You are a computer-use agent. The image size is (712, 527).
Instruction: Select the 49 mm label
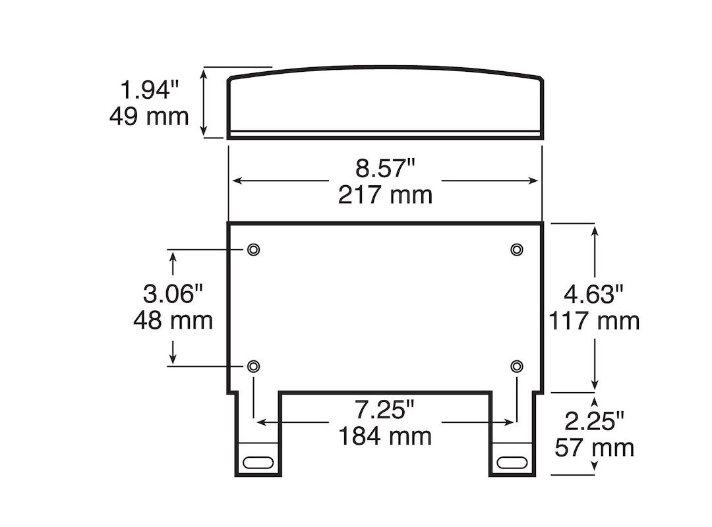[149, 117]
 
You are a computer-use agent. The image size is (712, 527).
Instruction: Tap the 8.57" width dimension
[385, 168]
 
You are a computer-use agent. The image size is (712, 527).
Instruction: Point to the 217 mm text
[385, 195]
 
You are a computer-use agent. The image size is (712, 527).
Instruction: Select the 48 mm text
[173, 320]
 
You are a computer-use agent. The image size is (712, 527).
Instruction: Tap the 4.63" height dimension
[594, 293]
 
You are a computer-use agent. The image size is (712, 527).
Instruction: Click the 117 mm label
[594, 321]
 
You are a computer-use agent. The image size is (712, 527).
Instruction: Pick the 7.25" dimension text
[385, 410]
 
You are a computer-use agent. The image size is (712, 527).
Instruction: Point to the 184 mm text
[385, 436]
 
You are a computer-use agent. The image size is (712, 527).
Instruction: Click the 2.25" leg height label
[594, 420]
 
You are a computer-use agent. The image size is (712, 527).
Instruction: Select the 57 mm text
[594, 447]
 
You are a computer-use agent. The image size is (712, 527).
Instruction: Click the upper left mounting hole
[254, 249]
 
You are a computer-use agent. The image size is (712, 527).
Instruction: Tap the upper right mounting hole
[517, 249]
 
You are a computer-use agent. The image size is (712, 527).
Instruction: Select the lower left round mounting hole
[254, 366]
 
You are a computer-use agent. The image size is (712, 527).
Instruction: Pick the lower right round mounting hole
[517, 366]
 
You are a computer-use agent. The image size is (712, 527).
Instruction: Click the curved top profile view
[385, 102]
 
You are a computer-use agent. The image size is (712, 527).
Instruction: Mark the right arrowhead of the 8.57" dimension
[535, 180]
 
